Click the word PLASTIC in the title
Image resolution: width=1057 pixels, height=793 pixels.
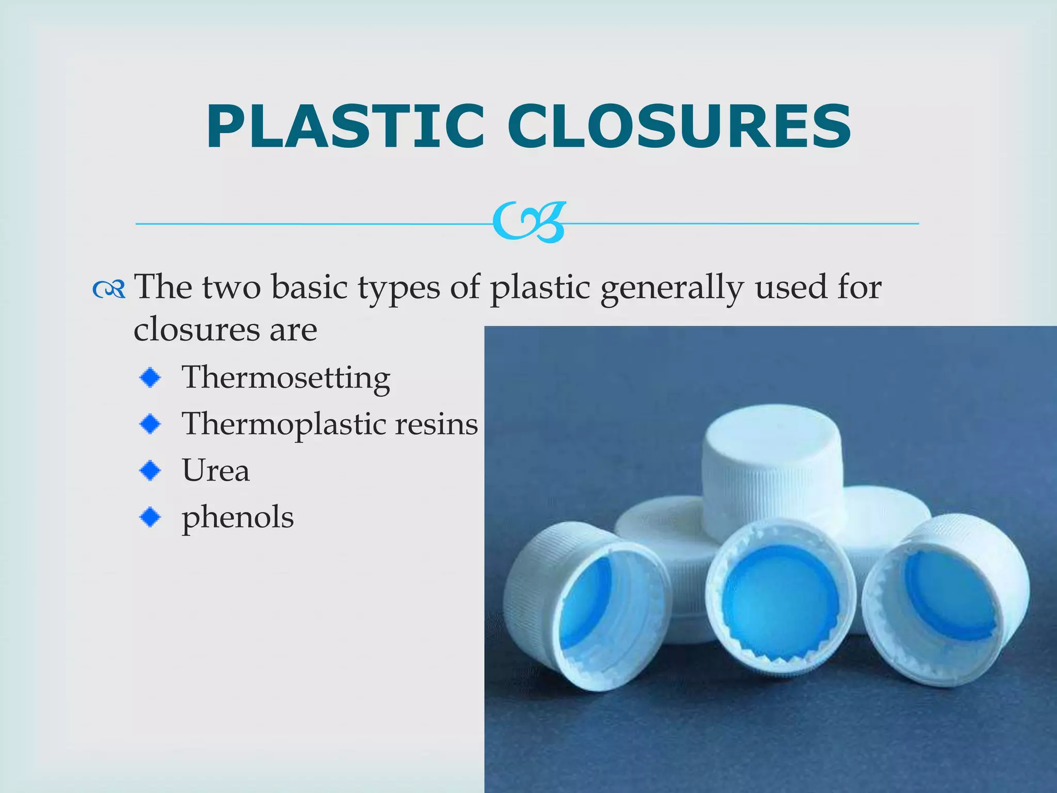tap(345, 127)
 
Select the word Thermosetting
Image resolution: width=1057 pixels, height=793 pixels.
tap(286, 378)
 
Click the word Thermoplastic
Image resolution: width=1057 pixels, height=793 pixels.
tap(284, 425)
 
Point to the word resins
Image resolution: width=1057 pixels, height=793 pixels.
tap(436, 424)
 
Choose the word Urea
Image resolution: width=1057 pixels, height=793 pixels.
tap(216, 470)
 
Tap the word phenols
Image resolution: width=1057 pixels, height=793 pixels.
tap(237, 517)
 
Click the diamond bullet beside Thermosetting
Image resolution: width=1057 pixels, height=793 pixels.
tap(150, 378)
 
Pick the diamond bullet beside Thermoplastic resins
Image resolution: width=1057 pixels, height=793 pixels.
tap(150, 424)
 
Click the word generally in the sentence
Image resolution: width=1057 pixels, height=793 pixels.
tap(671, 288)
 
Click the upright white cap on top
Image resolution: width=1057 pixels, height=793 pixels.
tap(771, 465)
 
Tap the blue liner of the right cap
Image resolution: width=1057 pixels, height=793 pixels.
tap(950, 594)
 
